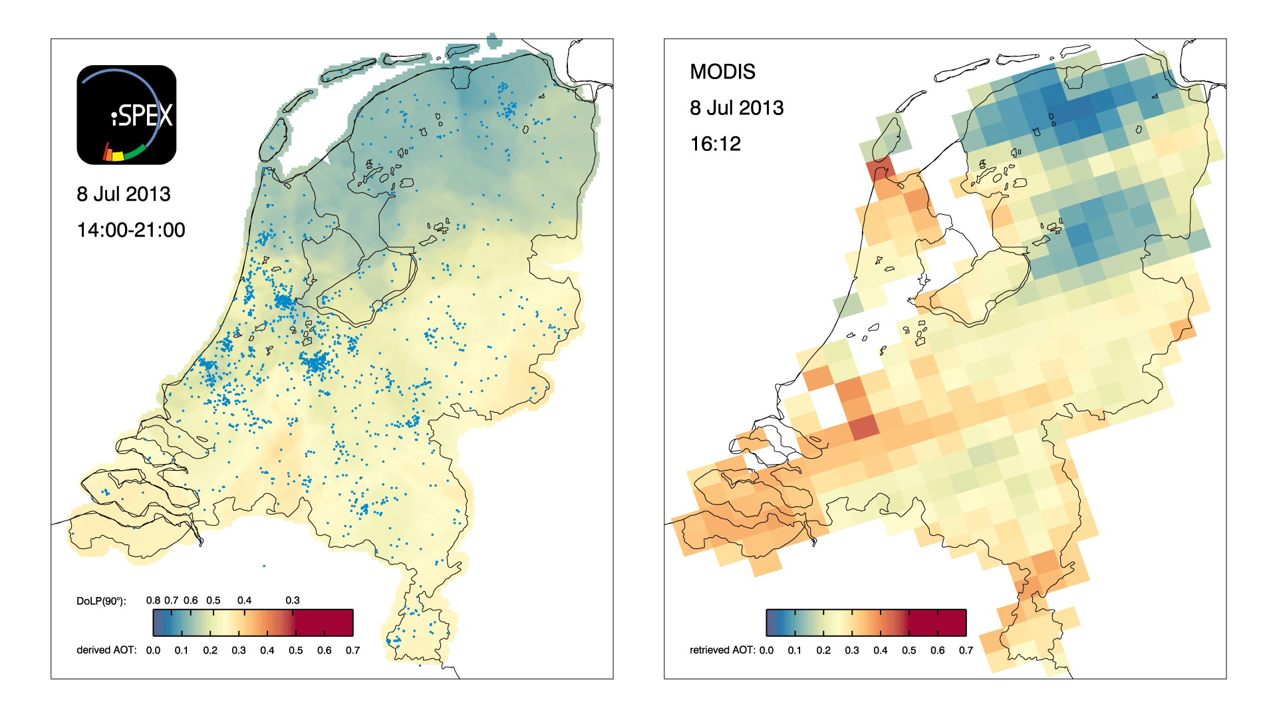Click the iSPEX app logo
(x=126, y=114)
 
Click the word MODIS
(x=722, y=72)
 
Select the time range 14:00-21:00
(x=131, y=230)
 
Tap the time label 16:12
(x=715, y=144)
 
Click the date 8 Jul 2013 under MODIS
(x=736, y=108)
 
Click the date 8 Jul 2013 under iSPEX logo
(x=124, y=194)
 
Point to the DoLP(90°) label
(x=101, y=601)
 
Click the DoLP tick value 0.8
(x=153, y=600)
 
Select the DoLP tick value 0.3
(x=293, y=600)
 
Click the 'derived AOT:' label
(x=106, y=650)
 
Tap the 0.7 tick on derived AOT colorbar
(x=353, y=650)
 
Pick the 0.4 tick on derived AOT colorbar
(x=267, y=650)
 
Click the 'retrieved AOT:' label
(x=722, y=650)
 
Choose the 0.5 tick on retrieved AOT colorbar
(x=909, y=650)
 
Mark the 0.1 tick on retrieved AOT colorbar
(x=795, y=650)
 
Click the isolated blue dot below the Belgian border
(x=264, y=566)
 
